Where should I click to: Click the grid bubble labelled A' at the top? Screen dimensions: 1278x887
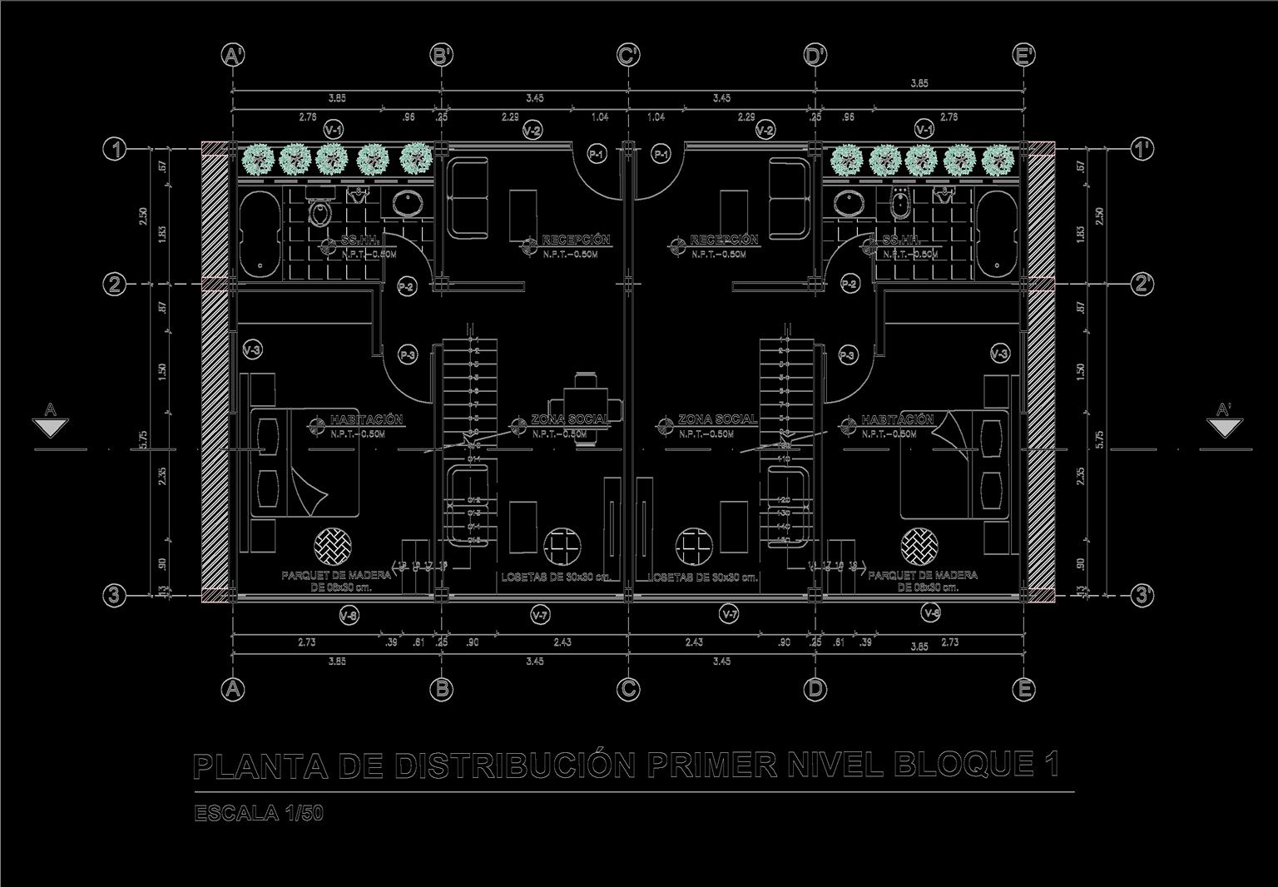coord(233,55)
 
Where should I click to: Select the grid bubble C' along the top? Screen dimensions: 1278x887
coord(628,55)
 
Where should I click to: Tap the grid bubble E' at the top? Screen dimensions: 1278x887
coord(1024,55)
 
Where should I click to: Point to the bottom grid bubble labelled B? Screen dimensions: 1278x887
coord(442,689)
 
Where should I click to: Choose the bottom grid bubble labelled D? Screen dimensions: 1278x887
coord(815,689)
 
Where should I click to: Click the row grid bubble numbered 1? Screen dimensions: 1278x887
coord(114,150)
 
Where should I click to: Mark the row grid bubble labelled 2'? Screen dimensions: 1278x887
coord(1143,284)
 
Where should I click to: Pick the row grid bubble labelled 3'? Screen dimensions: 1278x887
coord(1143,596)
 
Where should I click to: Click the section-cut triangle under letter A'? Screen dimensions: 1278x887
coord(1223,428)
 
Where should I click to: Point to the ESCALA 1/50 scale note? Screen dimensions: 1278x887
coord(258,814)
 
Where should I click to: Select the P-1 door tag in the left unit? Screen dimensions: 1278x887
coord(597,154)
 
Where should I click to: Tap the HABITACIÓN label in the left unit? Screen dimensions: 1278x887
coord(366,419)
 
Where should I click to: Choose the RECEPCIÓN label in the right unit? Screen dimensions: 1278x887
coord(724,240)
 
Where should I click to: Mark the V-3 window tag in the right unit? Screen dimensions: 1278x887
coord(1000,354)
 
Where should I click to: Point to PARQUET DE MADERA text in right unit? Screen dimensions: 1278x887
coord(923,575)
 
